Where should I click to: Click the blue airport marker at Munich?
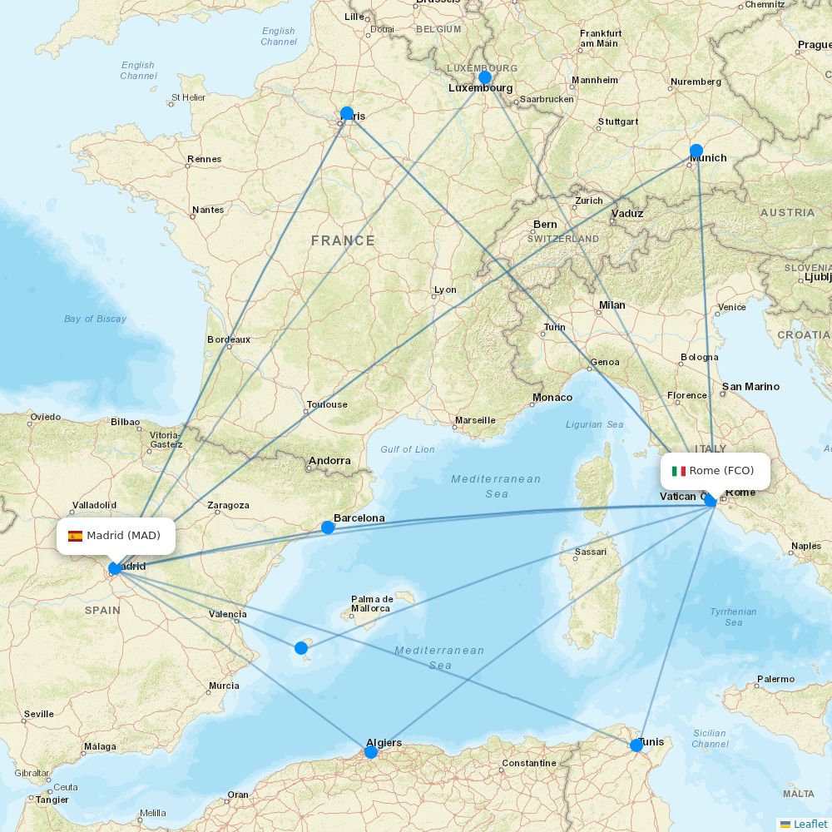696,151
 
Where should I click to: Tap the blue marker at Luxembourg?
485,77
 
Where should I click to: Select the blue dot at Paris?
347,114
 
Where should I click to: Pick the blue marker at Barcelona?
328,527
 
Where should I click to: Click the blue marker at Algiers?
371,752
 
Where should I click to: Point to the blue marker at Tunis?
636,745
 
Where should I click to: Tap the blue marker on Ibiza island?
301,647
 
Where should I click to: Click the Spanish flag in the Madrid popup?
75,536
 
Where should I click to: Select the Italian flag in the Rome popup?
679,471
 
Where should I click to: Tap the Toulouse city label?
327,404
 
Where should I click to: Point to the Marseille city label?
475,420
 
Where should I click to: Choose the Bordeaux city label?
229,339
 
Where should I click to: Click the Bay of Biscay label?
96,319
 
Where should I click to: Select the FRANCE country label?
343,240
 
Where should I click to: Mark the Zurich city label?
588,201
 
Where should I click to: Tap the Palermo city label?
775,679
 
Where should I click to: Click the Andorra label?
329,460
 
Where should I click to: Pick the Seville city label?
39,714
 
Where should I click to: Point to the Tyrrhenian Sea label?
733,617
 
